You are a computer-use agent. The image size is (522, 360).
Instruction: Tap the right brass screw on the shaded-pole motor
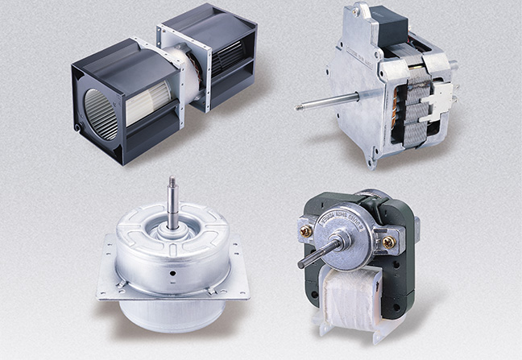point(389,241)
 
